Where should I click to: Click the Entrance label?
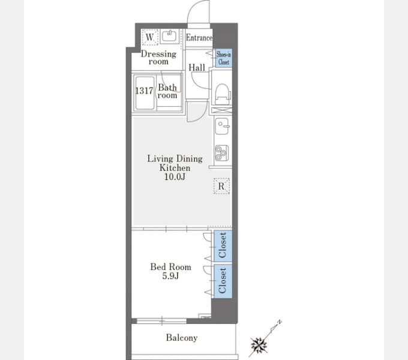(x=199, y=38)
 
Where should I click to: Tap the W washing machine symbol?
(x=150, y=37)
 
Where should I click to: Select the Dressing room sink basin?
(x=169, y=36)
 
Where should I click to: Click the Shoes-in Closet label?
(x=224, y=58)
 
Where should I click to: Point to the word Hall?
(x=197, y=68)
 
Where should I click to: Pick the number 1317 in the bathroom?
(x=144, y=91)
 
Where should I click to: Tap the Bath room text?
(x=167, y=91)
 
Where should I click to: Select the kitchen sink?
(x=222, y=126)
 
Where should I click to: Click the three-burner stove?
(x=222, y=153)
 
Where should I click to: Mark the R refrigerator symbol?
(x=221, y=186)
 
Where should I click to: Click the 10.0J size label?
(x=175, y=177)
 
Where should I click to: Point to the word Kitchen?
(x=175, y=168)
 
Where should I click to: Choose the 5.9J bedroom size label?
(x=170, y=276)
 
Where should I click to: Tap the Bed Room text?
(x=170, y=267)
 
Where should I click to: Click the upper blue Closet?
(x=223, y=245)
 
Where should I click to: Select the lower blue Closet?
(x=223, y=281)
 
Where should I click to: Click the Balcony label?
(x=182, y=338)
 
